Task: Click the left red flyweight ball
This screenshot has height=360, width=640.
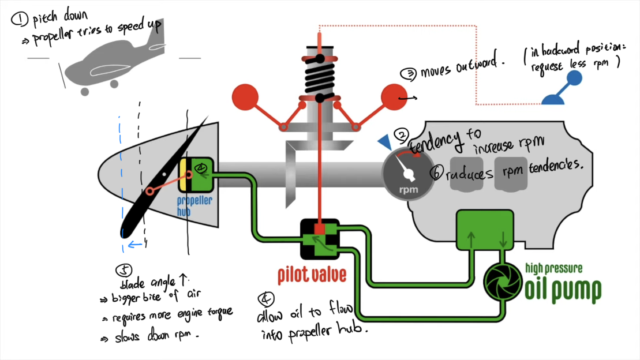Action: [x=245, y=97]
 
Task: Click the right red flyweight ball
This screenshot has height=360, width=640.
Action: [x=394, y=96]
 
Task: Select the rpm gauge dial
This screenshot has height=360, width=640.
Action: [x=409, y=172]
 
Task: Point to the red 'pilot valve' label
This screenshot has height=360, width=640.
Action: [x=312, y=275]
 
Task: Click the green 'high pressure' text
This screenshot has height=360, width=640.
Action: [x=553, y=268]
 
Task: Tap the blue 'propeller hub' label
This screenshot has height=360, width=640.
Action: [x=194, y=206]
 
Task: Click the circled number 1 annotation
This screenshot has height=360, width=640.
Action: [x=20, y=20]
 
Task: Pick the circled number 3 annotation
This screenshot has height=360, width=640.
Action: [x=408, y=73]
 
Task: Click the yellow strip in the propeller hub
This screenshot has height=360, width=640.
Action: [x=182, y=175]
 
